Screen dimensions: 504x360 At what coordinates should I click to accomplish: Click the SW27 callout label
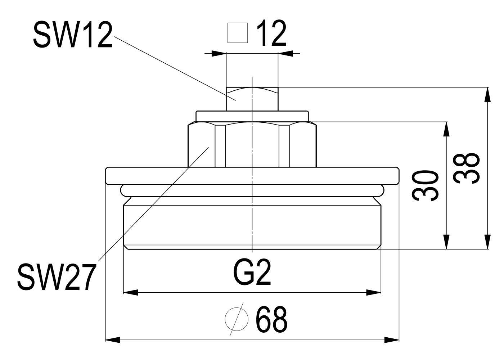click(x=56, y=277)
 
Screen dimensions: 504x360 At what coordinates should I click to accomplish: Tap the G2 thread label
click(x=252, y=273)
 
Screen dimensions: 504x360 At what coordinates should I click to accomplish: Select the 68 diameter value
click(x=271, y=319)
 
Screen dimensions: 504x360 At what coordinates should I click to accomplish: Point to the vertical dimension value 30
click(x=425, y=185)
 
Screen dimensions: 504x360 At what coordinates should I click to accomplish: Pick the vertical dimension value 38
click(x=466, y=168)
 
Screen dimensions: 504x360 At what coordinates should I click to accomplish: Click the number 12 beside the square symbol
click(x=271, y=33)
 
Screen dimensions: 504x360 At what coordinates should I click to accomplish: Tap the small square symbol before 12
click(x=238, y=33)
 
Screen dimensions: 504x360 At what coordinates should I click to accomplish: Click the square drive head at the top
click(x=252, y=99)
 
